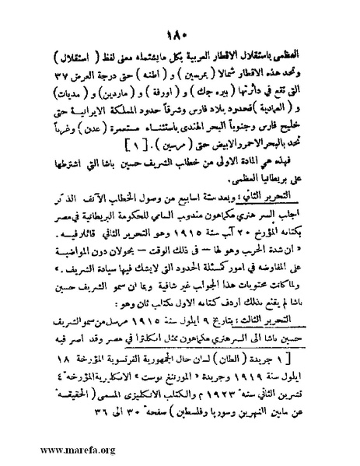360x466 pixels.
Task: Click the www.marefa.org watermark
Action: click(x=47, y=452)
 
